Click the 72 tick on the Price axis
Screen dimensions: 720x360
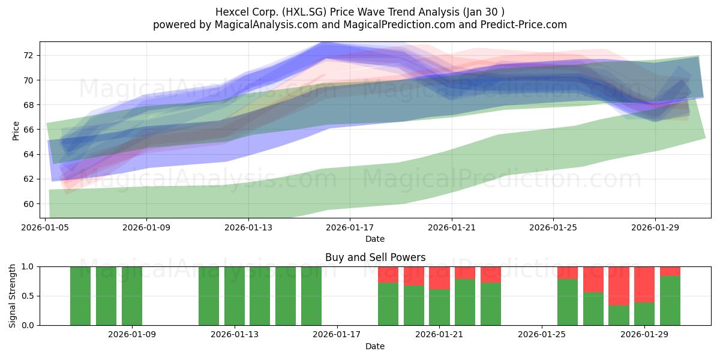click(28, 55)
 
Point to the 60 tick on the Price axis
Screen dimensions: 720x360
click(28, 204)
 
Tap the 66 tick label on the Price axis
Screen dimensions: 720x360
click(28, 130)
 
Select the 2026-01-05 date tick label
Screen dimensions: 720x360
click(45, 227)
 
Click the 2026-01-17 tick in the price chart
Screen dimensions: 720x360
click(350, 227)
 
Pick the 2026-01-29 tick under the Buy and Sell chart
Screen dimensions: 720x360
click(644, 334)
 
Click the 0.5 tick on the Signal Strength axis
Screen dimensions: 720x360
click(28, 296)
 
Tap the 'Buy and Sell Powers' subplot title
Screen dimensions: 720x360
click(375, 257)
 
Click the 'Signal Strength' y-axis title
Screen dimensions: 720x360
click(12, 296)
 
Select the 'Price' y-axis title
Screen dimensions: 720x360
click(16, 131)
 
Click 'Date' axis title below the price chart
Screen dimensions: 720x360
click(375, 239)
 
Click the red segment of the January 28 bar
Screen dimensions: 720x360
click(619, 286)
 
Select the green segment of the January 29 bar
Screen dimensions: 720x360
click(644, 314)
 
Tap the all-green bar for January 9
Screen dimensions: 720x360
click(132, 296)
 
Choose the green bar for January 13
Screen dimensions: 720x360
click(235, 296)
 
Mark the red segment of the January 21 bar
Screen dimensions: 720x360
click(439, 278)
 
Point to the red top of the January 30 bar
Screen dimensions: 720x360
click(670, 271)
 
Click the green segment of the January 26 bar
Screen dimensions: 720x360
click(568, 302)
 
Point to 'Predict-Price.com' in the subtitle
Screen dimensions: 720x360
click(524, 25)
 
